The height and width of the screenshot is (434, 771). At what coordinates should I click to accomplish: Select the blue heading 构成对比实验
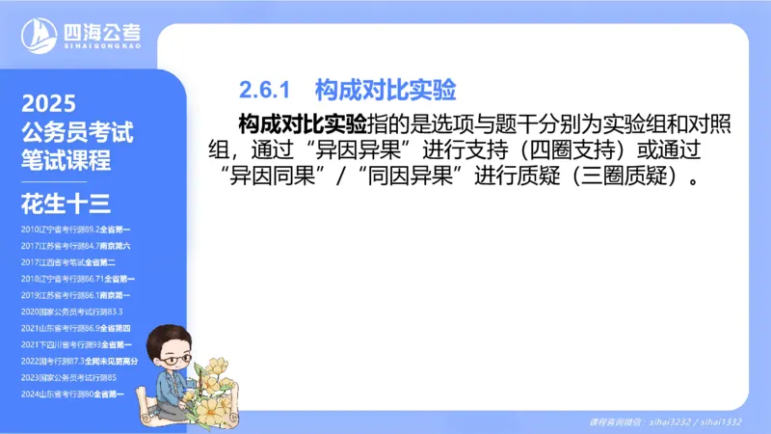pos(385,91)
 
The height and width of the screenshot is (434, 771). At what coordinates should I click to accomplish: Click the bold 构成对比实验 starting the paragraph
pos(302,124)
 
